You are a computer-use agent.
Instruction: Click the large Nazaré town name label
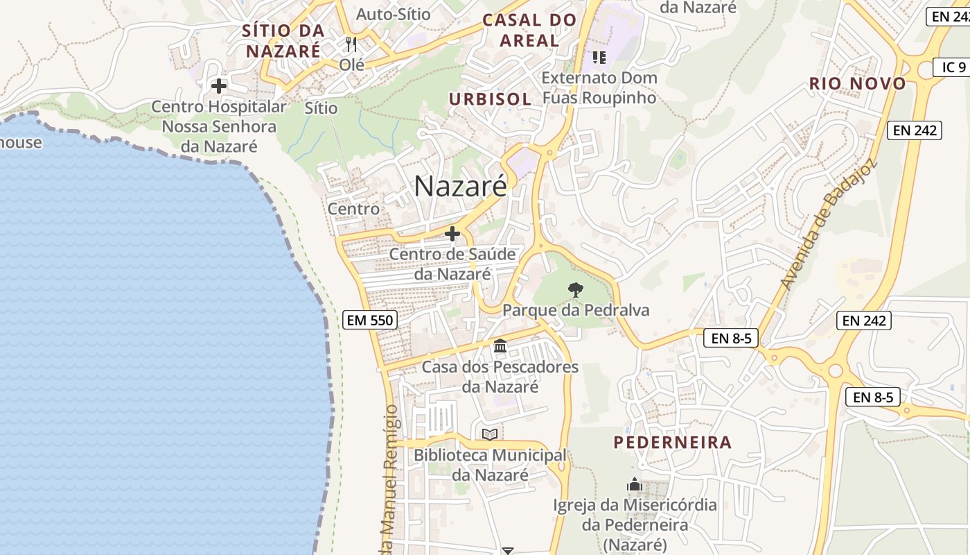coord(461,186)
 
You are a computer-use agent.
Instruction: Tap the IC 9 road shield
coord(953,67)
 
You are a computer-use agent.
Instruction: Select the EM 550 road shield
coord(370,320)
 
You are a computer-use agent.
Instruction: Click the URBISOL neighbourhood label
coord(491,99)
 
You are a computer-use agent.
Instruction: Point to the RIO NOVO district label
coord(858,84)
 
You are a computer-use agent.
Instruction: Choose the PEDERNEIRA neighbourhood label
coord(673,442)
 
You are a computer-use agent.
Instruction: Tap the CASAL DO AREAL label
coord(529,30)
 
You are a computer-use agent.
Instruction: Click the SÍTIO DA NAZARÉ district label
coord(283,41)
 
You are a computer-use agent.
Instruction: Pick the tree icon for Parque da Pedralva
coord(575,290)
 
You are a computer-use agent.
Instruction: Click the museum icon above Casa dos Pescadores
coord(500,345)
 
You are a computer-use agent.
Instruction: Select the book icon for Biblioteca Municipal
coord(490,434)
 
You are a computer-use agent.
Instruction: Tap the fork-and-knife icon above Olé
coord(351,45)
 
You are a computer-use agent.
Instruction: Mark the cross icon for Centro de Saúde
coord(452,234)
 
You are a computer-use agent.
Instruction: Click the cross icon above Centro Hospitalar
coord(219,86)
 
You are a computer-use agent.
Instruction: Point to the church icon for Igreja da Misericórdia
coord(635,484)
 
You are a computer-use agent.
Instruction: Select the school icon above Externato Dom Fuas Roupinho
coord(599,57)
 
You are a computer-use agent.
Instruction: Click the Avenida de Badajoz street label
coord(827,225)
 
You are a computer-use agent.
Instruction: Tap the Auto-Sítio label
coord(393,13)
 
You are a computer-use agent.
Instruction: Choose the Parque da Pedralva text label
coord(576,309)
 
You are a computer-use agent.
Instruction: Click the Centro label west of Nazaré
coord(353,208)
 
